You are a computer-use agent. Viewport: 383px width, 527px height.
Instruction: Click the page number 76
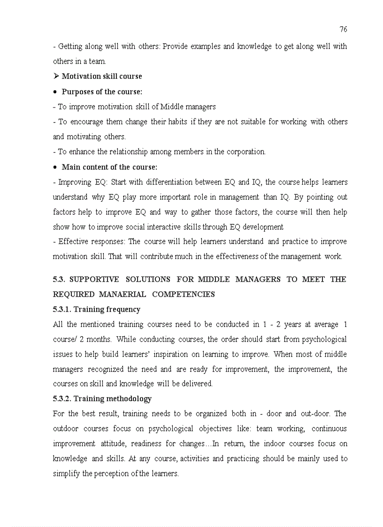pos(343,30)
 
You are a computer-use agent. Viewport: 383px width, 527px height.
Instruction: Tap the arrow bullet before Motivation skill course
pos(56,76)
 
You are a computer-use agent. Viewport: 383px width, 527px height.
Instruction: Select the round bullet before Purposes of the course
pos(55,92)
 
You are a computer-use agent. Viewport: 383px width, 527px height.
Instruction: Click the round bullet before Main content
pos(55,167)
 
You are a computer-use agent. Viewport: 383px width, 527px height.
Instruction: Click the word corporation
pos(247,152)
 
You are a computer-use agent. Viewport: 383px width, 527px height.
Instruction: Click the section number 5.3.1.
pos(62,309)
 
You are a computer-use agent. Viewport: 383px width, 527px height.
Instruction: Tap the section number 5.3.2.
pos(62,398)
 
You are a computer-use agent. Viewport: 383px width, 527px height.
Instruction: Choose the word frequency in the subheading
pos(123,309)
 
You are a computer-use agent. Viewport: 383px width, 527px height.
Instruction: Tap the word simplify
pos(66,474)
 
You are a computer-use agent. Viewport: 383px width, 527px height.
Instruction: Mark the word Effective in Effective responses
pos(73,242)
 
